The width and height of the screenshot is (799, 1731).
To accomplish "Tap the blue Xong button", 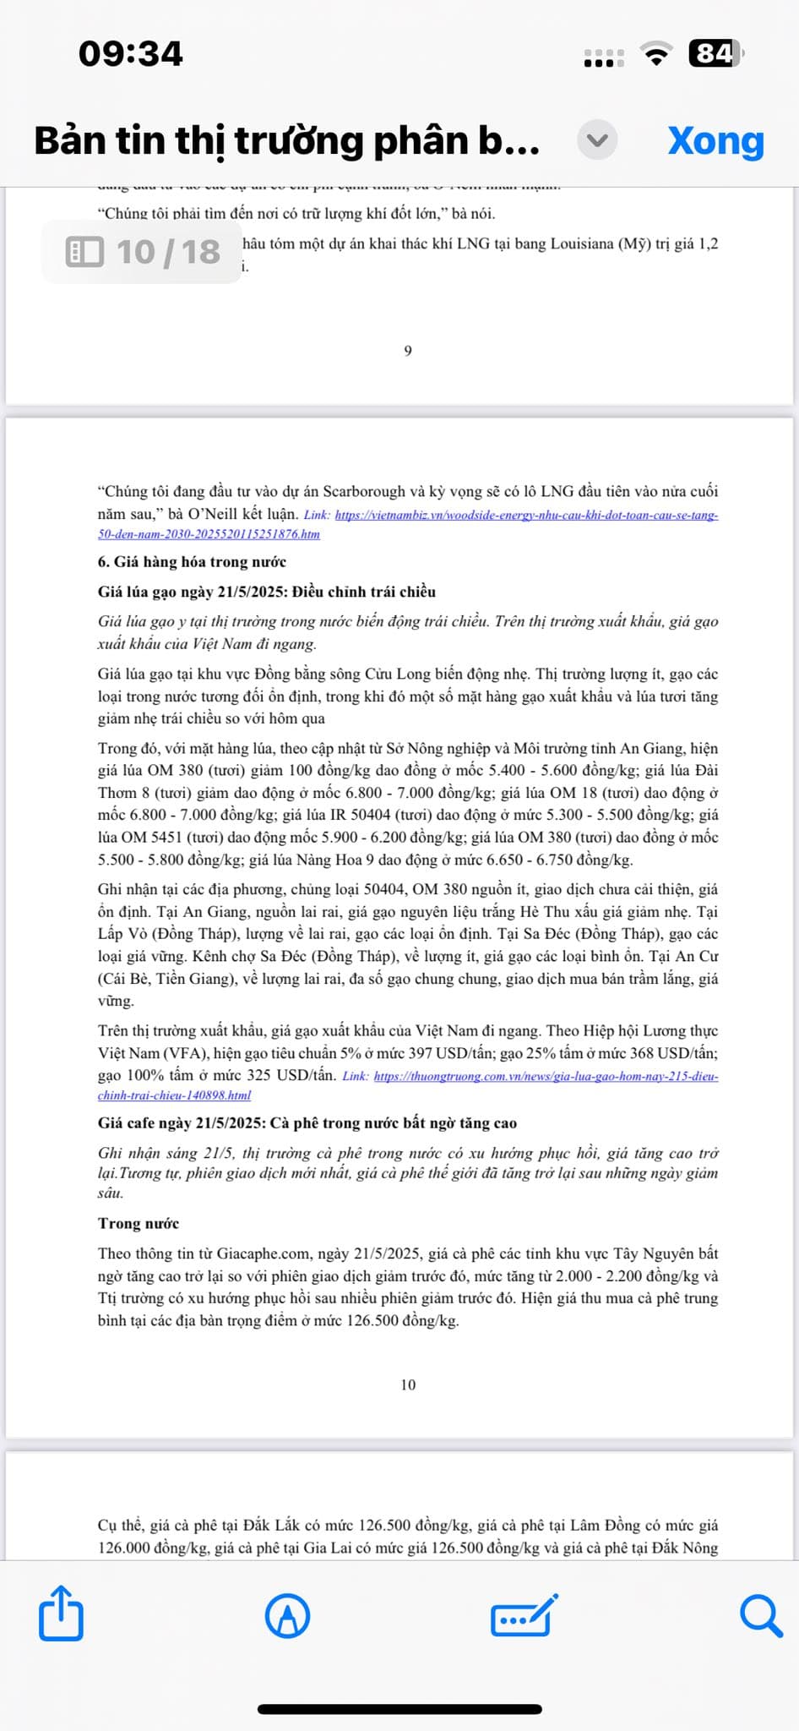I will (x=715, y=140).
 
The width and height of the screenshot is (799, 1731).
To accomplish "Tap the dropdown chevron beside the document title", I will (x=597, y=140).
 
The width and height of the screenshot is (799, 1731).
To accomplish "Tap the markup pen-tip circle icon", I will (x=287, y=1616).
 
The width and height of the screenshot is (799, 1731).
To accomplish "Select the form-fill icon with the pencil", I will (x=524, y=1615).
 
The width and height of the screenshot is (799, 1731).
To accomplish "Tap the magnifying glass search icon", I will (x=761, y=1616).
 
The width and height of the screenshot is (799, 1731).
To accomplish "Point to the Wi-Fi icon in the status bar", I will (x=656, y=54).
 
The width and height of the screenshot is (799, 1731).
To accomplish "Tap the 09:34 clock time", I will (x=131, y=54).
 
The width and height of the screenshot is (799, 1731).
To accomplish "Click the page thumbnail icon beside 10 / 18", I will (x=84, y=252).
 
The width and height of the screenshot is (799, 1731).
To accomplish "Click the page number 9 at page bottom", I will (x=408, y=351).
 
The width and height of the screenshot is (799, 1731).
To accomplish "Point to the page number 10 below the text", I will (x=408, y=1384).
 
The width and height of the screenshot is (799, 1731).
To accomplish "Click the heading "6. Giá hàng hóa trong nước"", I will (x=192, y=562).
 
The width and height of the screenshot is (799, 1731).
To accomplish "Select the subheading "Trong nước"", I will (x=139, y=1223).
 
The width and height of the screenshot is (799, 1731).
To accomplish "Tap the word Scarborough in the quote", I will (x=364, y=491).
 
